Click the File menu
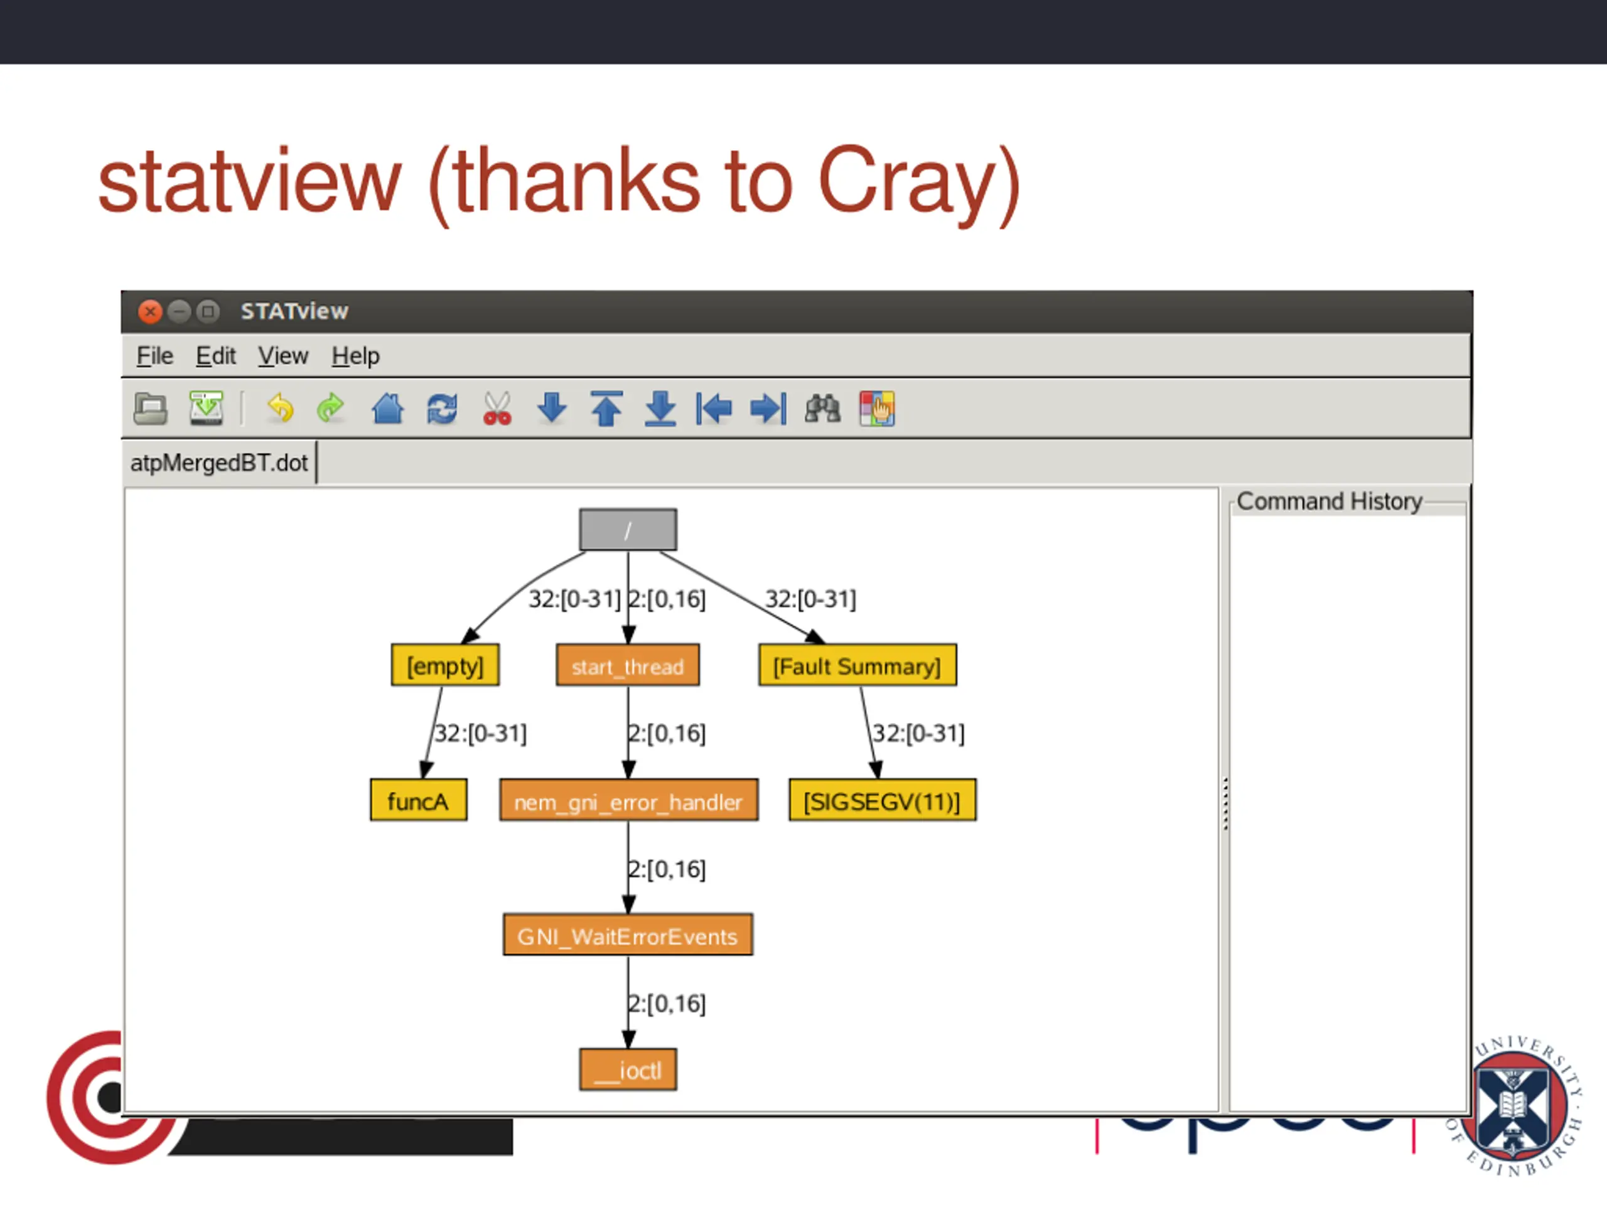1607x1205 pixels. (x=155, y=356)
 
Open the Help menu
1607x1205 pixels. (x=355, y=356)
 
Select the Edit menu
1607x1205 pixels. (x=216, y=356)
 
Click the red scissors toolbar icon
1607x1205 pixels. (x=497, y=408)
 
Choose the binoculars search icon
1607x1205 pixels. (x=822, y=408)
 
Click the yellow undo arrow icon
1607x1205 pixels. (x=280, y=408)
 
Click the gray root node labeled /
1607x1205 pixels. (x=628, y=530)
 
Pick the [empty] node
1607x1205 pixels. (x=445, y=665)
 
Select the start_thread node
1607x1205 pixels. (x=628, y=665)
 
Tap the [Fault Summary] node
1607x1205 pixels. (x=857, y=665)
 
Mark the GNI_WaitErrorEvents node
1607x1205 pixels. (x=628, y=936)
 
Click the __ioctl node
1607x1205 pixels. (x=628, y=1070)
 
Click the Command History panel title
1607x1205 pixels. (x=1329, y=501)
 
